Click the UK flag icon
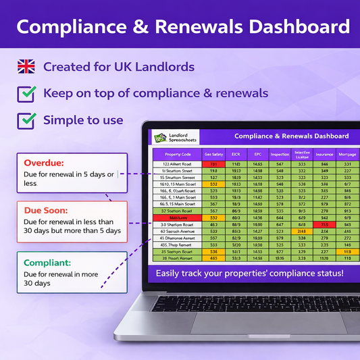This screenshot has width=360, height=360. pos(26,66)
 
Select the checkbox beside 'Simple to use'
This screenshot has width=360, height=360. pos(26,120)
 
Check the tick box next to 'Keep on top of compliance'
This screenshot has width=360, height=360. pos(26,93)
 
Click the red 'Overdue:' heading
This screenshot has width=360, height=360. pos(45,163)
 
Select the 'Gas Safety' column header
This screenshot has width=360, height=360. pos(213,154)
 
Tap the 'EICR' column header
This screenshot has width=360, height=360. pos(236,154)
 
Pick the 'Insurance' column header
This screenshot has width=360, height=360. pos(324,154)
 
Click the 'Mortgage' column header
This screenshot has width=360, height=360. pos(347,154)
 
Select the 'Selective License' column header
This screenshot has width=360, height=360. pos(302,154)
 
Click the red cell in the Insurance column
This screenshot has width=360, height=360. pos(324,224)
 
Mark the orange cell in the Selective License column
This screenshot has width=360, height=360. pos(302,231)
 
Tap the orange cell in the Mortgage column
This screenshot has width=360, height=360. pos(347,251)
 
